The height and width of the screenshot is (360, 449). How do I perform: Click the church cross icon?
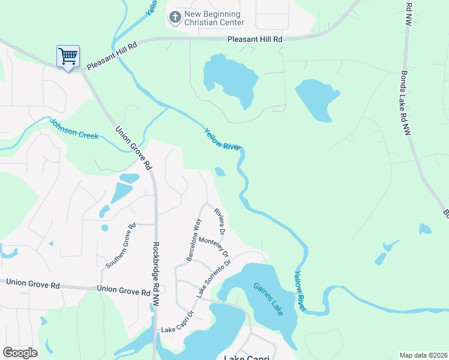(175, 17)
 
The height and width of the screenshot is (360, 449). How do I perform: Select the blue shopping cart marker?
(68, 57)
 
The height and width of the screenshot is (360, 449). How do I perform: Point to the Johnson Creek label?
(74, 128)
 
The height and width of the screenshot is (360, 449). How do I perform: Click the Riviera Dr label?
(220, 221)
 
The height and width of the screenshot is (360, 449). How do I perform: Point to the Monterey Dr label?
(214, 246)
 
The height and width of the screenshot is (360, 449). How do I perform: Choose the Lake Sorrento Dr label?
(214, 278)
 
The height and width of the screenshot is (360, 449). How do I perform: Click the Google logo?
(20, 353)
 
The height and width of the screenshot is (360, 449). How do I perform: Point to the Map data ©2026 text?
(423, 355)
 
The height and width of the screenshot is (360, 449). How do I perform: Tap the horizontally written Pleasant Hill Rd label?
(255, 39)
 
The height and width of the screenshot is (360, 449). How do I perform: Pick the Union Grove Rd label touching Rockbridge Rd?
(123, 292)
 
